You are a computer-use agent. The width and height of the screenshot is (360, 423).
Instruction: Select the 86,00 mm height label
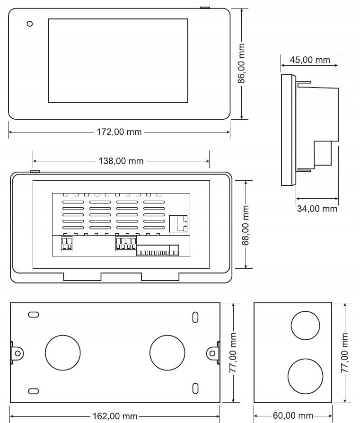coord(242,63)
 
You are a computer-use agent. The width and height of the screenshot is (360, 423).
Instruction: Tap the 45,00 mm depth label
coord(309,60)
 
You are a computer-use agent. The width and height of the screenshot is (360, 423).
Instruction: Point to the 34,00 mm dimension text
coord(316,208)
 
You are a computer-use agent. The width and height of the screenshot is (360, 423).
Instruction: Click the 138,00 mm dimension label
coord(121,161)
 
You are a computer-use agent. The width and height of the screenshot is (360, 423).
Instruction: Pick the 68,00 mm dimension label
coord(245,224)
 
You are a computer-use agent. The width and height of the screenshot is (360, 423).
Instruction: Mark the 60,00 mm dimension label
coord(293,416)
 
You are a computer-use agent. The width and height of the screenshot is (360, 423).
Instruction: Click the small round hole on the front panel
coord(30,24)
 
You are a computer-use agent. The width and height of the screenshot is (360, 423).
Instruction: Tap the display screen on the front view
coord(118,61)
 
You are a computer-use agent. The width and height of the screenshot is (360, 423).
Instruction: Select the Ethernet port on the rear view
coord(178,223)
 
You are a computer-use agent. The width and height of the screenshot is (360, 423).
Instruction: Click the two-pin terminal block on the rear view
coord(67,244)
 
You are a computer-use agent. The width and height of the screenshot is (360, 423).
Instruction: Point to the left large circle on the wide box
coord(62,352)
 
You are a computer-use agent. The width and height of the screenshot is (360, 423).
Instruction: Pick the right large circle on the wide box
coord(167,352)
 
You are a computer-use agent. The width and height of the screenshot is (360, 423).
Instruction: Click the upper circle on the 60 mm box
coord(305,326)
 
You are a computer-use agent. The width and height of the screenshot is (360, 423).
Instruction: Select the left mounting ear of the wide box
coord(17,353)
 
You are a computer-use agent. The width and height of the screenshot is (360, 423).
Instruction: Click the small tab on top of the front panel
coord(204,8)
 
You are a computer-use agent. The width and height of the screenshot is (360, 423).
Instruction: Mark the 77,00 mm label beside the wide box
coord(232,352)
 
